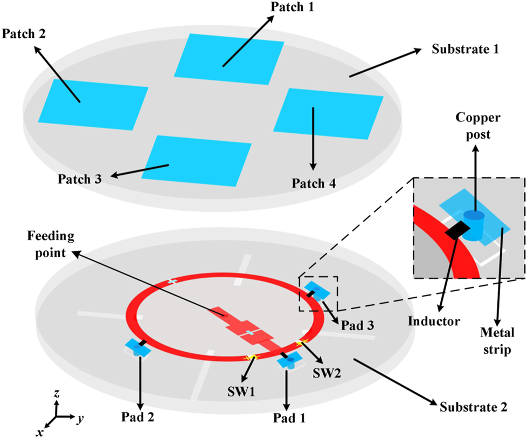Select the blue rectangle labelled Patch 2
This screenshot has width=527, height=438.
(x=94, y=104)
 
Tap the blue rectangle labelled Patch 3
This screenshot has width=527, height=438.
(x=197, y=160)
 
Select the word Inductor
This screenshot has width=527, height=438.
(x=434, y=321)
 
